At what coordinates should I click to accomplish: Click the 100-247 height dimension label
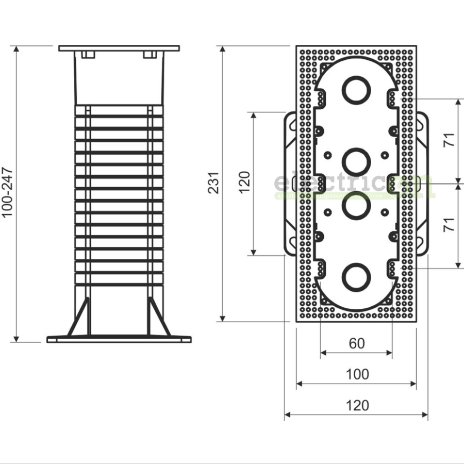[x=8, y=192]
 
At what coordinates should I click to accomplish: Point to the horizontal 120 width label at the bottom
[x=357, y=406]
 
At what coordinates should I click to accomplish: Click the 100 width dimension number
[x=357, y=374]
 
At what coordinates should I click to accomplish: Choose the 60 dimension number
[x=357, y=343]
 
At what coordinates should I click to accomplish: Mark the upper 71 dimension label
[x=450, y=140]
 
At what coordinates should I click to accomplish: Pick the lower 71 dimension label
[x=450, y=225]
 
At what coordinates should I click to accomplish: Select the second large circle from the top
[x=356, y=160]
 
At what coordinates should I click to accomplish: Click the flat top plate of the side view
[x=119, y=48]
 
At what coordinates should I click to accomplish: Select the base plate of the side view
[x=119, y=339]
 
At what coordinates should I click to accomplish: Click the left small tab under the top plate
[x=87, y=55]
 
